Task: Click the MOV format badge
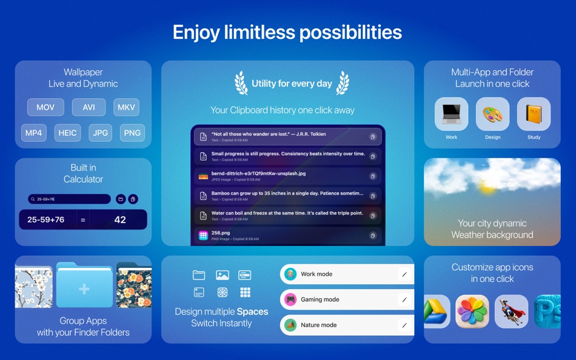click(45, 107)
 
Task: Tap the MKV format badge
click(126, 107)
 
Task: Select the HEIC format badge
click(67, 133)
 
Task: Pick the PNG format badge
click(132, 133)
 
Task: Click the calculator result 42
click(120, 219)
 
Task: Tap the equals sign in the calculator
click(83, 219)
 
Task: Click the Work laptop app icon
click(451, 115)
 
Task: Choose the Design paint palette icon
click(492, 115)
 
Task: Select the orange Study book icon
click(534, 115)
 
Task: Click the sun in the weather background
click(486, 188)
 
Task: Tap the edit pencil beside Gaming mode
click(404, 299)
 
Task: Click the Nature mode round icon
click(290, 325)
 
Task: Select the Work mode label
click(316, 274)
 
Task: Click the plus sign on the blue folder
click(84, 290)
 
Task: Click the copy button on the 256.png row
click(373, 236)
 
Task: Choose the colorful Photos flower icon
click(472, 312)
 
